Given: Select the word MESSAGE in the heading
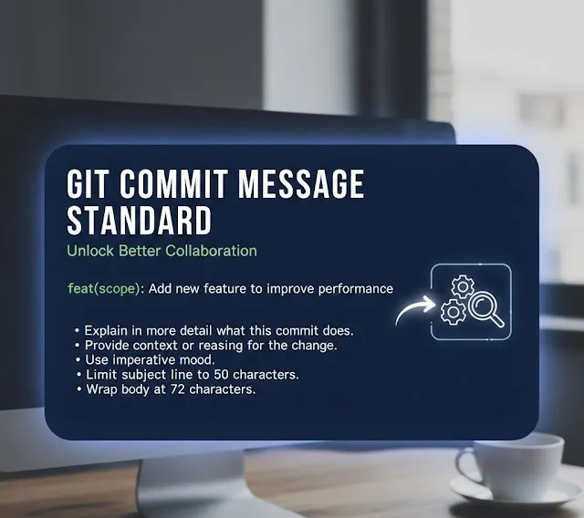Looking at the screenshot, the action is pos(301,184).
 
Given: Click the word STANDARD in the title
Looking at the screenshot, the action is pos(140,221).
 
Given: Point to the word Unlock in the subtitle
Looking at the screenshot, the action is pos(90,251).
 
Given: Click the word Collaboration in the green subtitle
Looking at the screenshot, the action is pos(211,251).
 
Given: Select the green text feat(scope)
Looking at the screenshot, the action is pos(104,289).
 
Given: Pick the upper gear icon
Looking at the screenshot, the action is pos(463,286).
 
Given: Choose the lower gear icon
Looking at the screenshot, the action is pos(454,312).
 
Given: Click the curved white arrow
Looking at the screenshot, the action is pos(414,308).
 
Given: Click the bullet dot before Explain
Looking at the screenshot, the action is pos(77,330).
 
